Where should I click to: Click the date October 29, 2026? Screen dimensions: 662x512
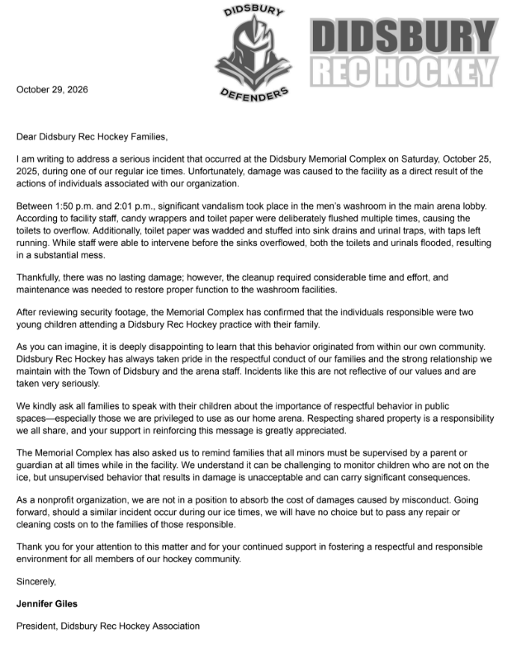pyautogui.click(x=52, y=89)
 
